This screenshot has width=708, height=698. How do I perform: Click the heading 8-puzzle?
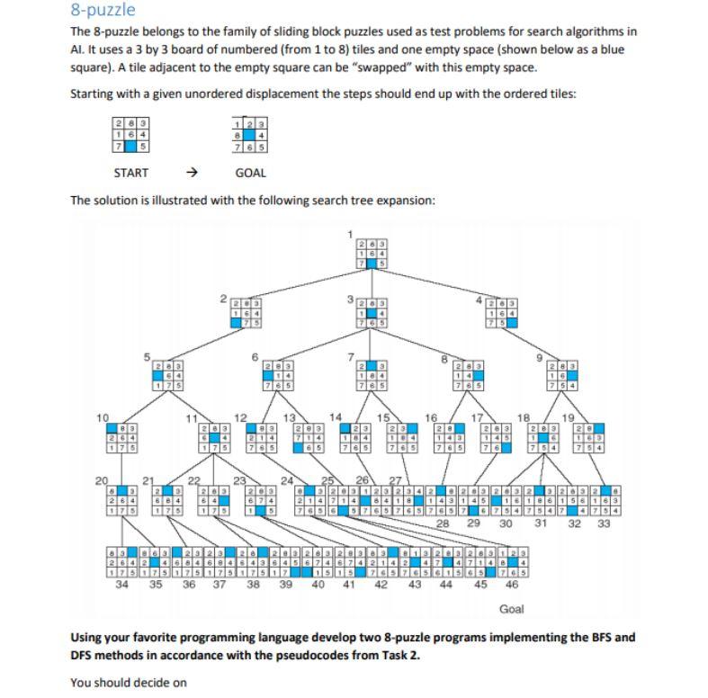coord(103,11)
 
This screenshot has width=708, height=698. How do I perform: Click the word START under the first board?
coord(130,173)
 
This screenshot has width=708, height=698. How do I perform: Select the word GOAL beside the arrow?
coord(249,173)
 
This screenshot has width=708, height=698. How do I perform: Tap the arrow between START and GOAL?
coord(191,173)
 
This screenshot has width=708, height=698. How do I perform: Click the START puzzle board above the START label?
coord(130,135)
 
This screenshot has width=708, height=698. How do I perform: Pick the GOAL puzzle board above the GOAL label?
coord(249,135)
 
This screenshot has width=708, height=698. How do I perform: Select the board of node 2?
coord(238,315)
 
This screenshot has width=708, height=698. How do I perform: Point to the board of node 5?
coord(166,377)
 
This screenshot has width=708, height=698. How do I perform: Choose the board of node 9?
coord(567,377)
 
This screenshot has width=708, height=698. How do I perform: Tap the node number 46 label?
coord(512,583)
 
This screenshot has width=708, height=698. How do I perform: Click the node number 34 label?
coord(121,583)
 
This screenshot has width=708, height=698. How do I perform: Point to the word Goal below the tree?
coord(511,609)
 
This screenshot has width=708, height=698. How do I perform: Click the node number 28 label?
coord(443,523)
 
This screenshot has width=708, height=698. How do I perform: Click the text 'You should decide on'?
coord(128,682)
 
